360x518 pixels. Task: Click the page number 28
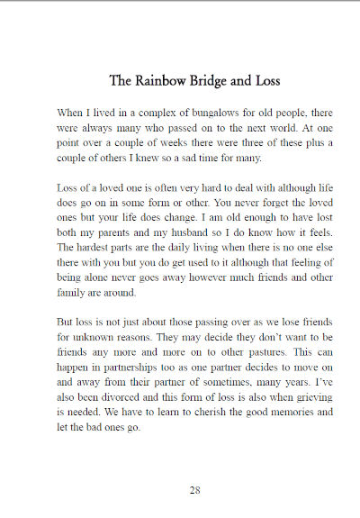(x=194, y=490)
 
